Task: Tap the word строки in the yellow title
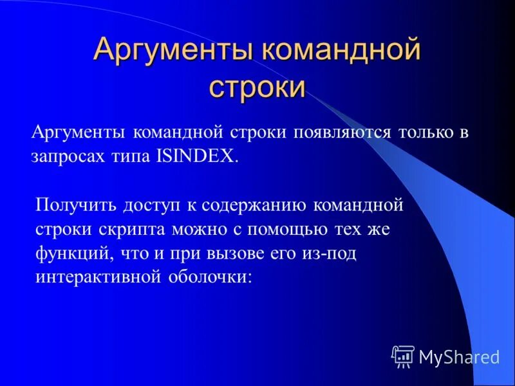(x=257, y=87)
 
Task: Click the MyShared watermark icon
(x=402, y=355)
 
